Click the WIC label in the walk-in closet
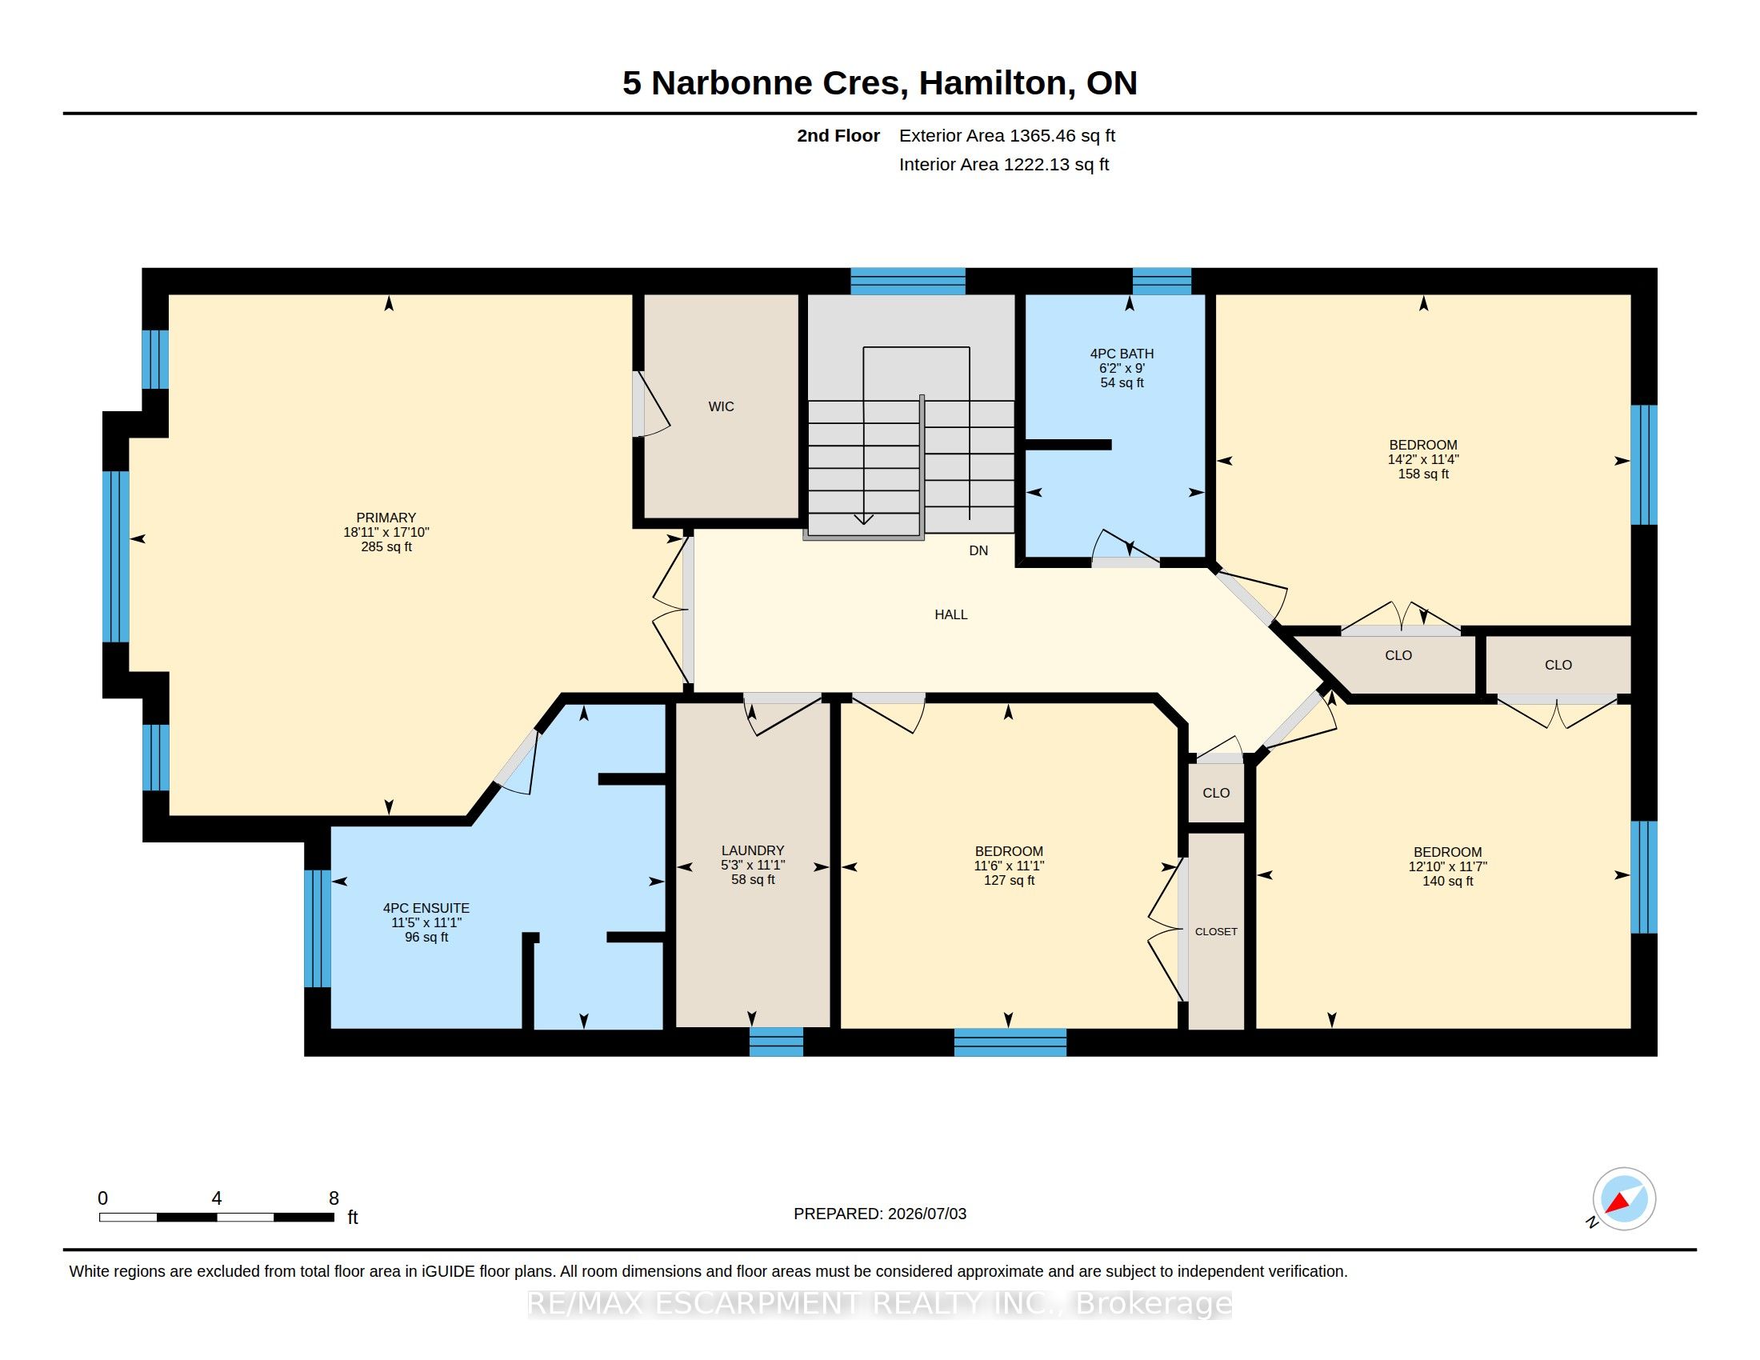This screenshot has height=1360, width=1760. [721, 407]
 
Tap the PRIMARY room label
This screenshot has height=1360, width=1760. [386, 518]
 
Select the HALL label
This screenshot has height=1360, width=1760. [951, 614]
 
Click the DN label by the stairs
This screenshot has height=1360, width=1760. [978, 551]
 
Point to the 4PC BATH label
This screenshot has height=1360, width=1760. [1122, 354]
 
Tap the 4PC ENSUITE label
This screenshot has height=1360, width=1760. [426, 908]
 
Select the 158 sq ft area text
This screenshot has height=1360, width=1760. [1423, 474]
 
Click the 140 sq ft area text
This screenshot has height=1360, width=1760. [1447, 882]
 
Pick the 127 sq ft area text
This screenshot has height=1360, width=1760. [1009, 881]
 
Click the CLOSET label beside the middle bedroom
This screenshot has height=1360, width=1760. [1216, 931]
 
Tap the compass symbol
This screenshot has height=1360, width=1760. [1624, 1198]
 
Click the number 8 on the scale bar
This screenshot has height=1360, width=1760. [334, 1198]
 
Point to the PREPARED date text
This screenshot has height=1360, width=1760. [880, 1214]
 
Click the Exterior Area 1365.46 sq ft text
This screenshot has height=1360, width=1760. [1007, 135]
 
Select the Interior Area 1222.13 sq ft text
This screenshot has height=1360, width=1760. [1004, 164]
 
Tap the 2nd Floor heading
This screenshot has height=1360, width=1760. [838, 135]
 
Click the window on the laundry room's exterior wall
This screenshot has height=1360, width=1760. [776, 1041]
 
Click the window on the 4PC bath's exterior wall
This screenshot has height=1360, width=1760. [1162, 281]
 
